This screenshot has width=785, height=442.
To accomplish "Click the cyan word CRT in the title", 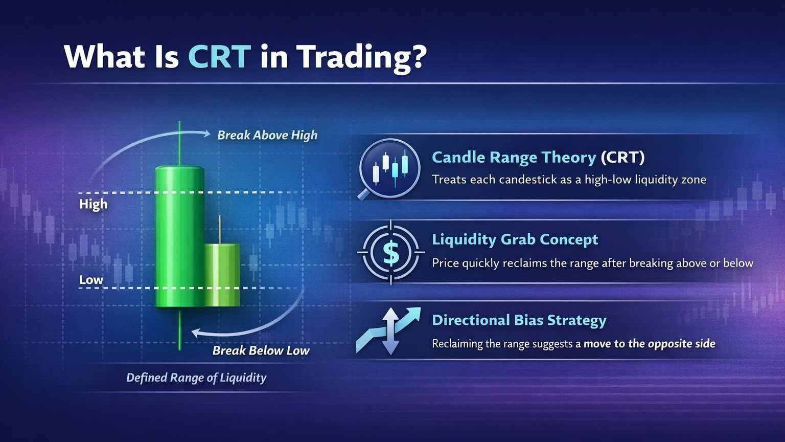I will [x=219, y=56].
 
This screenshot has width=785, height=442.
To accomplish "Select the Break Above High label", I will [x=267, y=135].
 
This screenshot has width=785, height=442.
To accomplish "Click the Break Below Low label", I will [x=261, y=350].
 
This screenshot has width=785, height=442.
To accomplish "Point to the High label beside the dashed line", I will [x=93, y=204].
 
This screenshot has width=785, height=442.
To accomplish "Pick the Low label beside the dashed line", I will [x=91, y=280].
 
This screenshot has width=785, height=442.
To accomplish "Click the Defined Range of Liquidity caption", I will [x=196, y=378].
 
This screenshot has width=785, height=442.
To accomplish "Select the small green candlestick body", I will [x=222, y=275].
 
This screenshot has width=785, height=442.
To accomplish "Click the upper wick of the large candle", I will [x=179, y=143].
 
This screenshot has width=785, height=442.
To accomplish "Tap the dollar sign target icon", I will [x=390, y=252].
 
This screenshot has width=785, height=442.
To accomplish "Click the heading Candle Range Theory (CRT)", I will [x=538, y=157].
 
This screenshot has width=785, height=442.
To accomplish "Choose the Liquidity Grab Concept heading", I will [x=515, y=239].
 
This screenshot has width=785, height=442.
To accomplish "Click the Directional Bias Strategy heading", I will [x=519, y=320].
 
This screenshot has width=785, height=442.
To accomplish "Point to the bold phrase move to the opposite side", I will [x=649, y=344].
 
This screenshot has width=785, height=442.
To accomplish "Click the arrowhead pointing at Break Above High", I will [x=206, y=134].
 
